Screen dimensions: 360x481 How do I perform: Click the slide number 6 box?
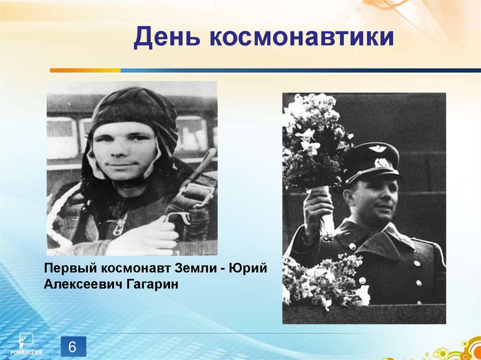tap(73, 348)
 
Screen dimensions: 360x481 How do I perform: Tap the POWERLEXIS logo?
tap(23, 345)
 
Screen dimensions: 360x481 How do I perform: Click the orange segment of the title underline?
tap(85, 70)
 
